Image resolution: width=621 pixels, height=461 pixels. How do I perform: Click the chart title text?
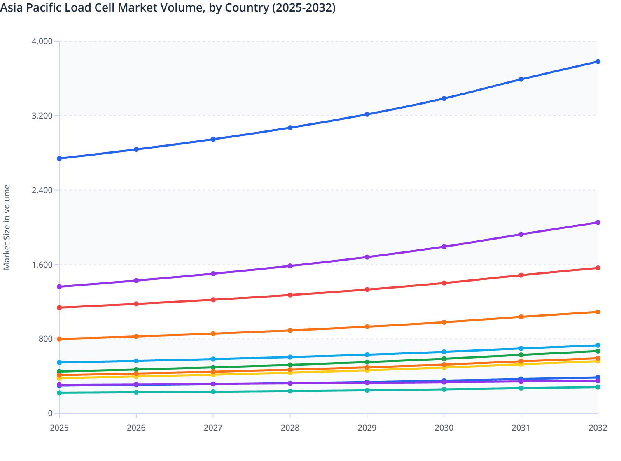pos(168,8)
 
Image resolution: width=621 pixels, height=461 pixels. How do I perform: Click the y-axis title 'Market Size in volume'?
pos(7,227)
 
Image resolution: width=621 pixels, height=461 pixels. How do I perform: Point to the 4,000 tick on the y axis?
pos(42,41)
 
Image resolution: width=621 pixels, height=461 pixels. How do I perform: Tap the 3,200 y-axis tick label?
pos(42,116)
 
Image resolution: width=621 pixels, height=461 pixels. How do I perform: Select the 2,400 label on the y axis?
pos(42,190)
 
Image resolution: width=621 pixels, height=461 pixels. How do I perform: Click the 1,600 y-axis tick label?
pos(42,265)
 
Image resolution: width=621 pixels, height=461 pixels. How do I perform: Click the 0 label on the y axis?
pos(50,413)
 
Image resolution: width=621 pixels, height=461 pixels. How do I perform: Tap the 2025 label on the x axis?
pos(59,428)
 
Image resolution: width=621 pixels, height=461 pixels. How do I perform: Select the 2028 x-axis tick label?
pos(290,428)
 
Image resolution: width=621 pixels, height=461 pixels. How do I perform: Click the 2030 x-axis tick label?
pos(444,428)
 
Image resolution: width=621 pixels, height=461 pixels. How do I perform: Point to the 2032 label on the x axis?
pos(598,428)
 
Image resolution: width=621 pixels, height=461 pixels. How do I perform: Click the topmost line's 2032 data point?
pos(598,62)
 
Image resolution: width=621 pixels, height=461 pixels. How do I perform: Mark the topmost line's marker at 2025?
pos(59,158)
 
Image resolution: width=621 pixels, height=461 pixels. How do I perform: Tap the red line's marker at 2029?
pos(367,290)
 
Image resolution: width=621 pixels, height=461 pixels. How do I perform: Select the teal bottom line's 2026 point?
pos(136,392)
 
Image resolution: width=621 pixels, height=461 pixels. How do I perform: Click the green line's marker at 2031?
pos(521,355)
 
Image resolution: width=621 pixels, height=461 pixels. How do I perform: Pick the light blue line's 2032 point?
pos(598,345)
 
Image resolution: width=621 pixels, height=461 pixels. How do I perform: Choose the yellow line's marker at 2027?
pos(213,375)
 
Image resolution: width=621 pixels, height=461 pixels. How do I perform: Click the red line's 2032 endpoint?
pos(598,268)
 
